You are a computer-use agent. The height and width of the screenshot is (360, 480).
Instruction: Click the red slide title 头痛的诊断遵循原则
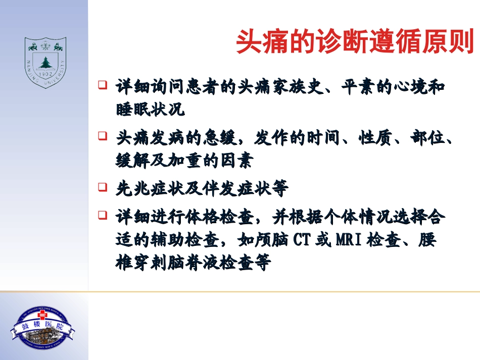355,42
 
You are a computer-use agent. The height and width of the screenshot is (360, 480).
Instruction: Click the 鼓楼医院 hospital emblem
43,328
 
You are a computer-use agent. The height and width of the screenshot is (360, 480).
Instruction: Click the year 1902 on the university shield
46,74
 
